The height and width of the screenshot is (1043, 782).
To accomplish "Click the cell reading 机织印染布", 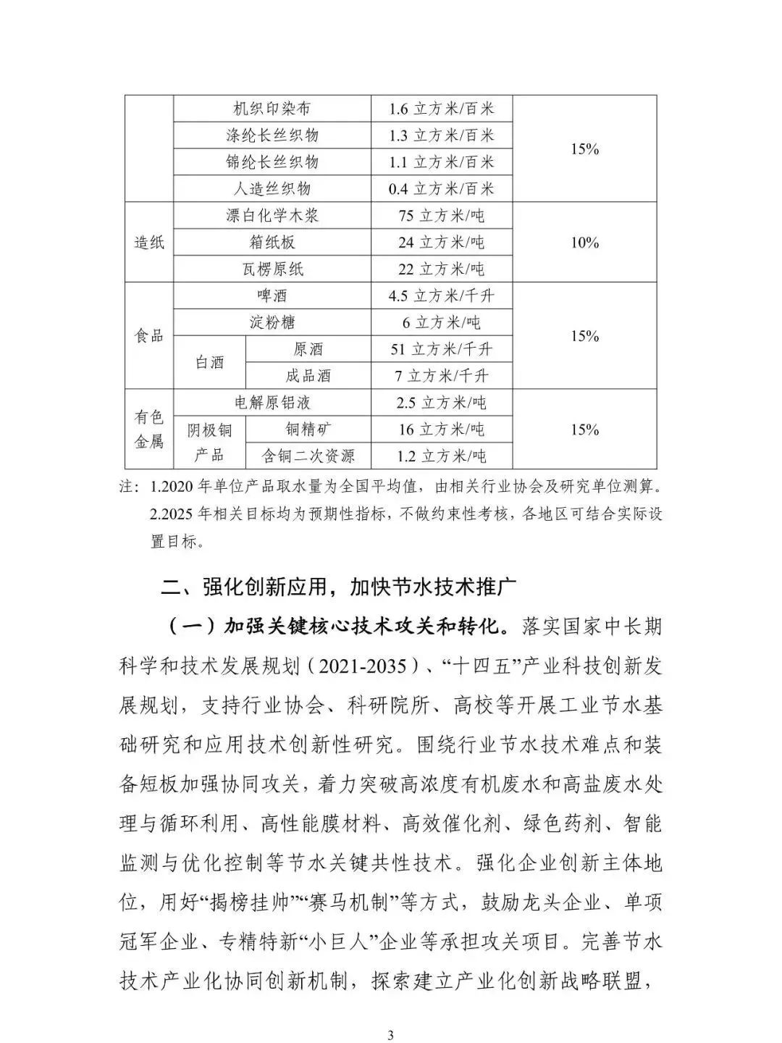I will [272, 109].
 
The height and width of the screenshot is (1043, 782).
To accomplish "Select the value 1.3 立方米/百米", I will [441, 135].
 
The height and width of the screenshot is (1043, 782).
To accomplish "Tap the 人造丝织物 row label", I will [272, 188].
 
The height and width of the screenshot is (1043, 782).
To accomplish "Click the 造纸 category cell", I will [149, 242].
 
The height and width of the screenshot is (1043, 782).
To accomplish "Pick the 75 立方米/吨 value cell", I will [441, 215].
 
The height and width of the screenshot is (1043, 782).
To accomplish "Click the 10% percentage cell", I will [584, 242].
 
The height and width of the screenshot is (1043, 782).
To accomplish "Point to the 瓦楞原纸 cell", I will [272, 269].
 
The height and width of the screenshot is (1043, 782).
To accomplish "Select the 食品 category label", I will [149, 335].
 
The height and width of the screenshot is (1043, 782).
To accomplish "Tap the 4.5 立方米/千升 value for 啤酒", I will [441, 296].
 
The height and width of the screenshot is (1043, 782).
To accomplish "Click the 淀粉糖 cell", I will [272, 322].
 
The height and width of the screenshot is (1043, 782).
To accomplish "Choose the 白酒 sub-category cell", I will [210, 362].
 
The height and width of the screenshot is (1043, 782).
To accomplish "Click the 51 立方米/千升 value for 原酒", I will [441, 349].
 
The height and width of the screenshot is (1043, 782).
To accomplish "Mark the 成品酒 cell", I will [308, 376].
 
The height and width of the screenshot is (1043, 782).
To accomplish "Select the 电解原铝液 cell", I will [272, 403].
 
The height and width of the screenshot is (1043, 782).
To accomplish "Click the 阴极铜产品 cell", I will [210, 443].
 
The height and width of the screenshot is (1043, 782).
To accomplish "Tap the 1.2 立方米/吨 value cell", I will [441, 456].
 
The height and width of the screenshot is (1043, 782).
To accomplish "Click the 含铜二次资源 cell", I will [308, 456].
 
